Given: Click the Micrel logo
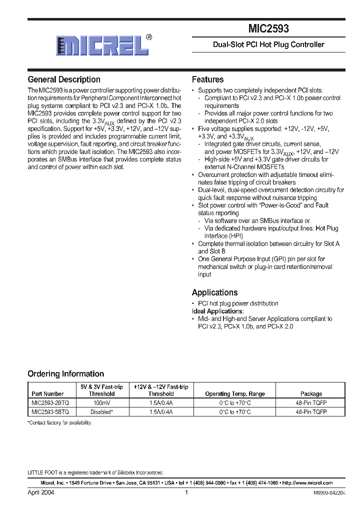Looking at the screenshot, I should point(102,46).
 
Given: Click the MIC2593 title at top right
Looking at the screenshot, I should point(268,29).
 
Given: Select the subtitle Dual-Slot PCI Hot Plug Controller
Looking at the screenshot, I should point(268,44).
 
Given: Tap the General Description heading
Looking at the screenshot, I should point(64,79).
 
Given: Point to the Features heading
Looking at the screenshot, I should point(207,79).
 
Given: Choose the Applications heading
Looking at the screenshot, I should point(214,292).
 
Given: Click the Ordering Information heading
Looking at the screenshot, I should point(65,373).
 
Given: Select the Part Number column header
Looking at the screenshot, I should point(47,394).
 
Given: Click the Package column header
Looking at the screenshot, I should point(311,394).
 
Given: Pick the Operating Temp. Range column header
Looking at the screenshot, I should point(235,394).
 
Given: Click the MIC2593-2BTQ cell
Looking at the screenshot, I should point(50,402).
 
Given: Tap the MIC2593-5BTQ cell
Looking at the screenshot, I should point(50,412).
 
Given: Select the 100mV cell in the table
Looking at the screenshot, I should point(101,402).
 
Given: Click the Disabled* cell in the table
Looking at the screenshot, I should point(101,412).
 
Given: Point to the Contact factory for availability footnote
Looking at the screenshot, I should point(59,423).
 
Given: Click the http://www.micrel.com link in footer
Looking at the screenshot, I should point(307,483).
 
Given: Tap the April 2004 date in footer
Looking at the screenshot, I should point(41,492).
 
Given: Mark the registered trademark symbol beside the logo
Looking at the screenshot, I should point(149,37).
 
